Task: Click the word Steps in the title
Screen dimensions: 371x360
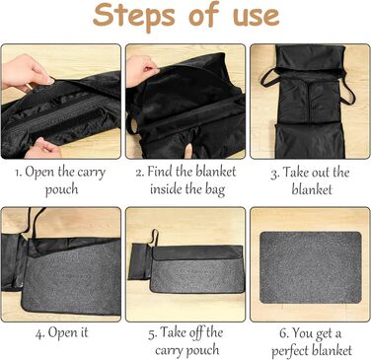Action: pos(134,16)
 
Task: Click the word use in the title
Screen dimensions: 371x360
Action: pos(257,16)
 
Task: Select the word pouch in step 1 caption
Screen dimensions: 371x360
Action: pos(61,189)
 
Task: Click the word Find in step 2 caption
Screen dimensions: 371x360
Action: pos(160,172)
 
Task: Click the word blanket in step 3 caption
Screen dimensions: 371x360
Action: pos(312,189)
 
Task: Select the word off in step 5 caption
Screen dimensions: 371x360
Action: pos(196,332)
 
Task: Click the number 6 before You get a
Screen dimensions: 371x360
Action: pos(284,333)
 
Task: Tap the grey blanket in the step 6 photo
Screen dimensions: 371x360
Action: pos(311,267)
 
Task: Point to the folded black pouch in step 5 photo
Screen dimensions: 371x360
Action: pos(140,261)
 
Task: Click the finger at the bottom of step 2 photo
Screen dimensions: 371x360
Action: pos(188,152)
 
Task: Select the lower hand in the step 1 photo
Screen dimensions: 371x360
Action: pos(43,149)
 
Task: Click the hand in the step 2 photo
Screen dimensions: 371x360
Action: pos(142,70)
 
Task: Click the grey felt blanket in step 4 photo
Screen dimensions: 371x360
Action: pos(71,280)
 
